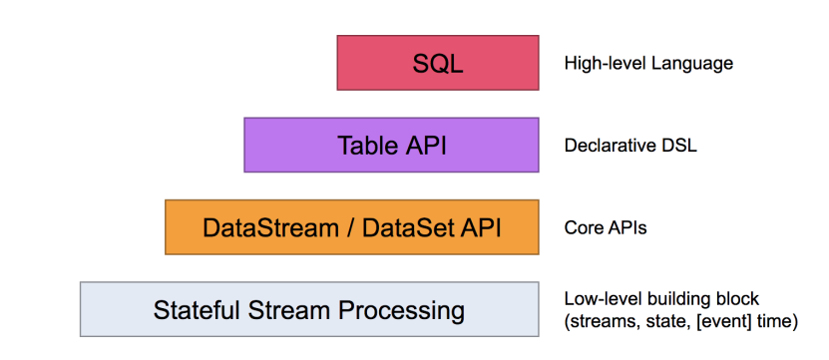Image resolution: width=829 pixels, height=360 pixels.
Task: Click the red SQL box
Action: [x=438, y=63]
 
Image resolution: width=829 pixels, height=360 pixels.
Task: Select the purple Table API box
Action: [x=391, y=145]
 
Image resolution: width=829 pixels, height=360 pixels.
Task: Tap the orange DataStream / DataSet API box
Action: [x=352, y=227]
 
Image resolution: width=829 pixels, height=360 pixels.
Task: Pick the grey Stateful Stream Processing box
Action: [x=309, y=309]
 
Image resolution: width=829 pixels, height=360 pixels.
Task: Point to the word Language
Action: [x=692, y=65]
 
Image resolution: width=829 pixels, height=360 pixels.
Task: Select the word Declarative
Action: [x=603, y=146]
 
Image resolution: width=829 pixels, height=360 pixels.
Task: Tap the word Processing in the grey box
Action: [x=401, y=311]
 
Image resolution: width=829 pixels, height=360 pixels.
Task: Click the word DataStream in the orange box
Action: [x=270, y=228]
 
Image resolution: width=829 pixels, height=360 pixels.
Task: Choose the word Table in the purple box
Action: [x=365, y=146]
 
